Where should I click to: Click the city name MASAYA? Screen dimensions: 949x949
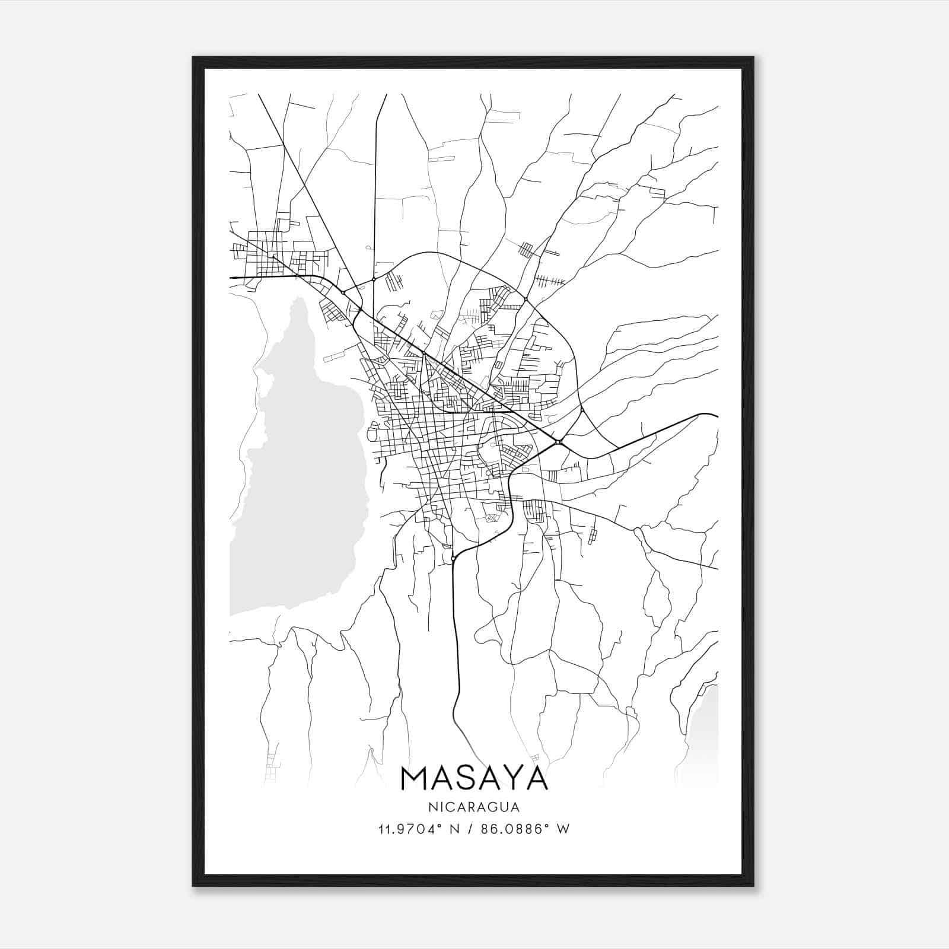point(474,778)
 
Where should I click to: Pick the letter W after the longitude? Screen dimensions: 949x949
point(563,829)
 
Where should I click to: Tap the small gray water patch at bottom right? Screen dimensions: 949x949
point(703,735)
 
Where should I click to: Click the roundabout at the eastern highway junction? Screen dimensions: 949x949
point(559,441)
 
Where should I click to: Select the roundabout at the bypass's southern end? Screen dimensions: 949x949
point(453,558)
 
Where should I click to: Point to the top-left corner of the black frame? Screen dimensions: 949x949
point(193,58)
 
